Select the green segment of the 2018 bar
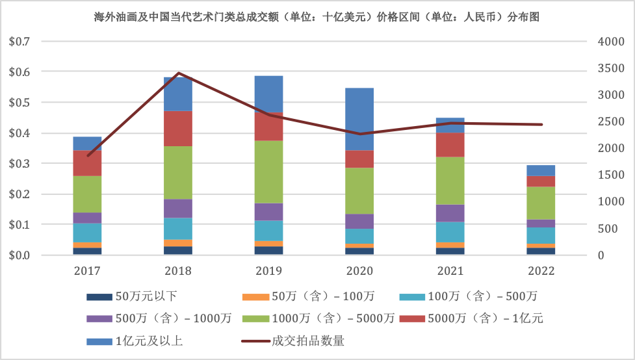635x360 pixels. pyautogui.click(x=178, y=172)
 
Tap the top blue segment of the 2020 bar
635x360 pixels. pyautogui.click(x=359, y=118)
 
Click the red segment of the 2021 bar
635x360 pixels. pyautogui.click(x=450, y=144)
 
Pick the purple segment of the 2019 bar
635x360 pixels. pyautogui.click(x=268, y=211)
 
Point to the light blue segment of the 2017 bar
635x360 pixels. pyautogui.click(x=87, y=232)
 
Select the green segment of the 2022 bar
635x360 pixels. pyautogui.click(x=541, y=203)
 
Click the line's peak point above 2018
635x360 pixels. pyautogui.click(x=179, y=73)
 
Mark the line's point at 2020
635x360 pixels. pyautogui.click(x=359, y=134)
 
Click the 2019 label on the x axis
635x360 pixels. pyautogui.click(x=268, y=269)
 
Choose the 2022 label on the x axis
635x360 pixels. pyautogui.click(x=541, y=269)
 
